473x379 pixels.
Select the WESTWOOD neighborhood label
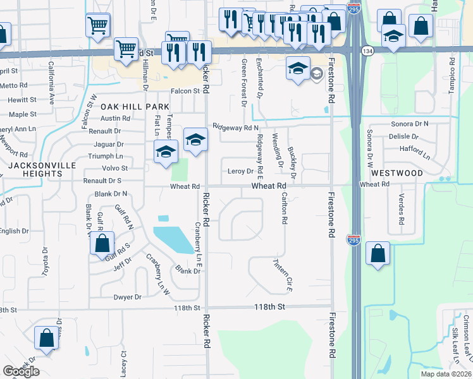point(396,172)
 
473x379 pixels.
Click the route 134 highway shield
point(367,50)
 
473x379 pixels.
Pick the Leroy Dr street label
point(240,171)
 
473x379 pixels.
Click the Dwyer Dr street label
point(127,297)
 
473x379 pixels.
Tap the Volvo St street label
point(116,168)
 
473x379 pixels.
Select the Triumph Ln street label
point(106,156)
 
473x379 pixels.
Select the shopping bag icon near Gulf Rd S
point(101,244)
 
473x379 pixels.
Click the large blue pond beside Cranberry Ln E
point(173,239)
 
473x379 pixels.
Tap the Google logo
point(21,371)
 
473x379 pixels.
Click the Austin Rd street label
point(115,118)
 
